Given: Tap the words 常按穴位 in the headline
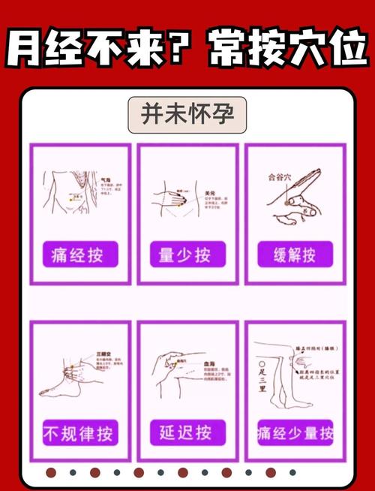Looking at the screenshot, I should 280,46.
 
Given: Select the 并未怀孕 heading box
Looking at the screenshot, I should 187,115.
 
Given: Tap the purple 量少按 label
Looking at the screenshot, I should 187,254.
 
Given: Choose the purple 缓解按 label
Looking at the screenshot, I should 295,254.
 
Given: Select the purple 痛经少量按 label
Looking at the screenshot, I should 295,433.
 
